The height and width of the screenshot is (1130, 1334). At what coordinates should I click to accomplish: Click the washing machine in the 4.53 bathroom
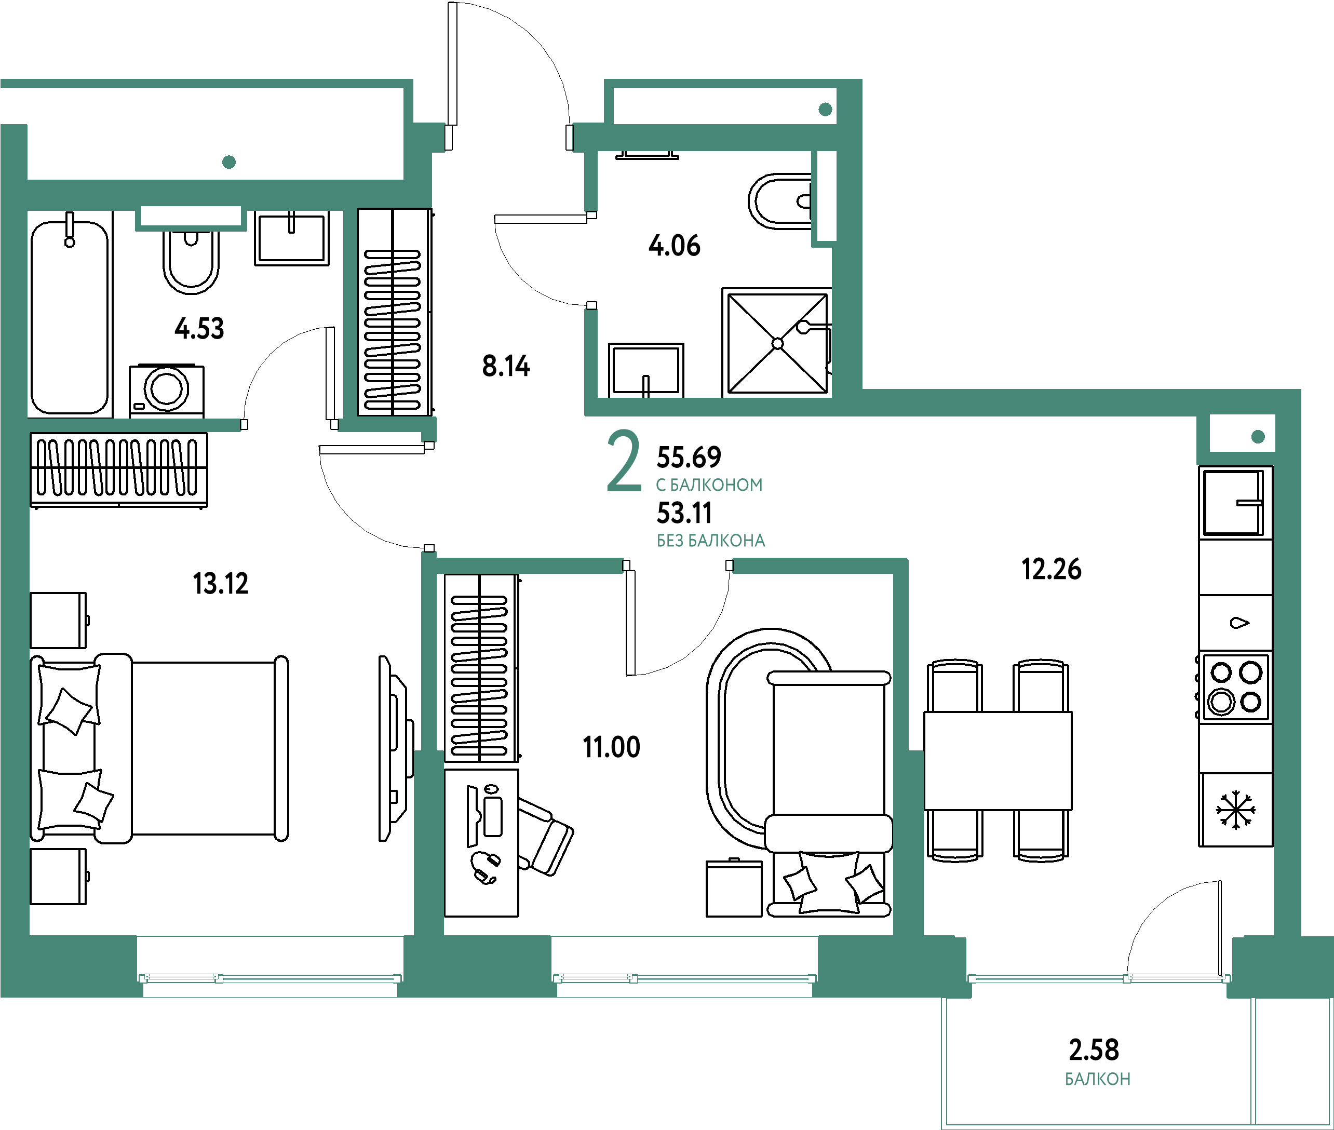pos(167,391)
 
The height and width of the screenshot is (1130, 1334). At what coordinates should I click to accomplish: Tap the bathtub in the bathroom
pos(70,317)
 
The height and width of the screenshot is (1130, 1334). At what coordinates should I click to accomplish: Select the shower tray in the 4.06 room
pos(777,343)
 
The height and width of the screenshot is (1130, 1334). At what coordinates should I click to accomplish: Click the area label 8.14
pos(506,366)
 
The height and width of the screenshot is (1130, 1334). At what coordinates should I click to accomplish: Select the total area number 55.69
pos(689,458)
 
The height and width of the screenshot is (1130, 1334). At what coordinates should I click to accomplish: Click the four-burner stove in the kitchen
pos(1235,688)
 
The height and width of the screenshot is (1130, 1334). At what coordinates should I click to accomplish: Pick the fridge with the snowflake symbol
pos(1235,810)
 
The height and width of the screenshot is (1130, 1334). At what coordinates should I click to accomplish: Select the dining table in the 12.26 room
pos(997,760)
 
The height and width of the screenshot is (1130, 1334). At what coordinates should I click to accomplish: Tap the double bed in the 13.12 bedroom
pos(160,748)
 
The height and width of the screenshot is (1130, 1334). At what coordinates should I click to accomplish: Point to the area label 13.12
pos(220,584)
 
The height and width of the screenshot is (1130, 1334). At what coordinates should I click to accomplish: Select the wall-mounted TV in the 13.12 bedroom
pos(393,748)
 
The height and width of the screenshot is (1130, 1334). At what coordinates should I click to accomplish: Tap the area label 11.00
pos(611,747)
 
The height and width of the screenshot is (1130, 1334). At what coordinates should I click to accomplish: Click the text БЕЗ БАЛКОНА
pos(711,541)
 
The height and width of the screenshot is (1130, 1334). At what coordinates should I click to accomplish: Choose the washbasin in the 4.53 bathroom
pos(291,238)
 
